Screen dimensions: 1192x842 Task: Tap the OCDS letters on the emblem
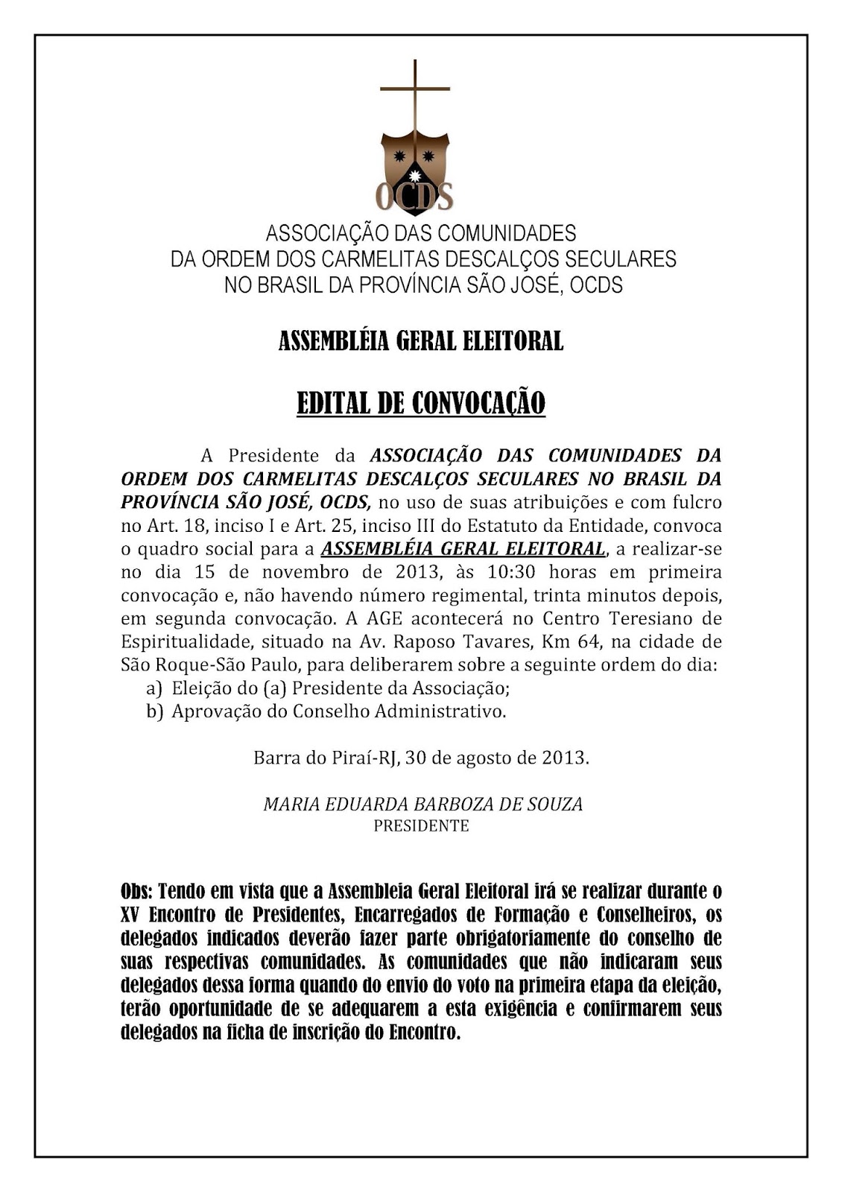[x=414, y=197]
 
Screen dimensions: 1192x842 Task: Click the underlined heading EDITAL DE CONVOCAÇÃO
[x=421, y=403]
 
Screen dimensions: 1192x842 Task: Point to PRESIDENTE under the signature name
[x=421, y=825]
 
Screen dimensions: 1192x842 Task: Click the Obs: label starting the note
[x=137, y=891]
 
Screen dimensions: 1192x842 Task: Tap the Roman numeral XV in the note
[x=131, y=914]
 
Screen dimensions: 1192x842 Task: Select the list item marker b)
[x=154, y=711]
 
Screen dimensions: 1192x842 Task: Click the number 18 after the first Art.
[x=194, y=526]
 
